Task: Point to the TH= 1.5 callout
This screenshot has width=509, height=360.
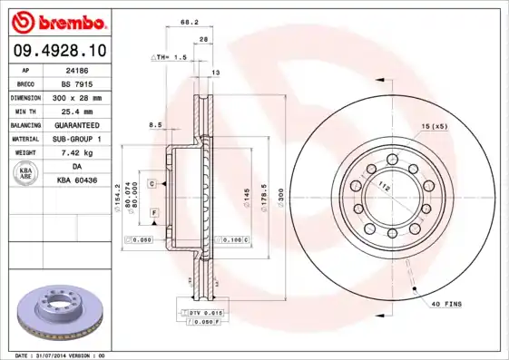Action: coord(168,56)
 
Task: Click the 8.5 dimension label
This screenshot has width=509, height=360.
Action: coord(154,124)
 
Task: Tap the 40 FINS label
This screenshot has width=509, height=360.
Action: coord(446,303)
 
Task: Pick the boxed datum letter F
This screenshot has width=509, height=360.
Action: coord(155,211)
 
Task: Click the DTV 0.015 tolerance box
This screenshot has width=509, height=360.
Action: coord(204,312)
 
